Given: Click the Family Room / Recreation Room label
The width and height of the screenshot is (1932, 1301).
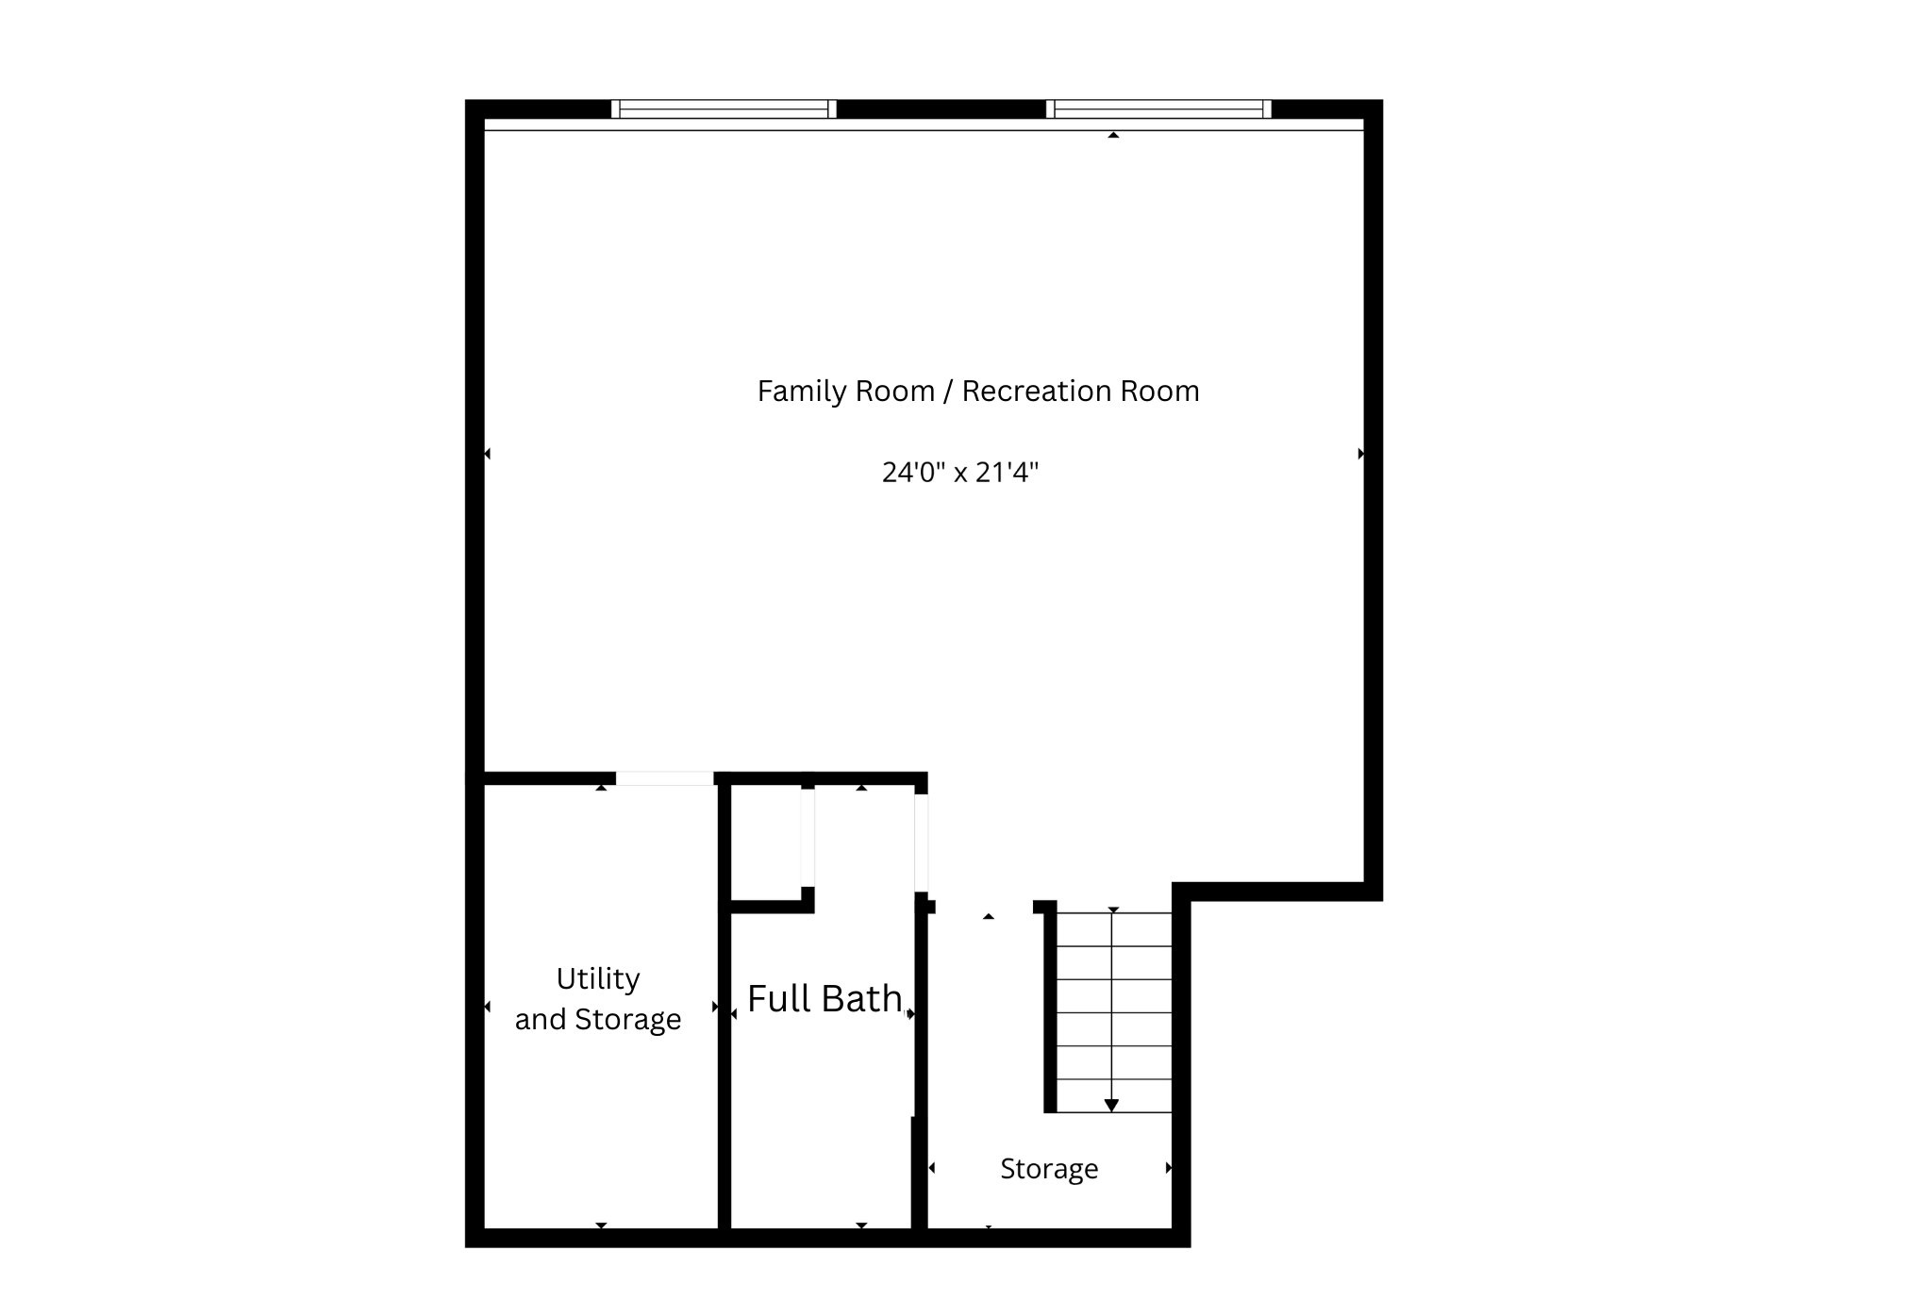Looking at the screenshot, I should (977, 391).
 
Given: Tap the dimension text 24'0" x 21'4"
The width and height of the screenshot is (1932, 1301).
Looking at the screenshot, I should (959, 472).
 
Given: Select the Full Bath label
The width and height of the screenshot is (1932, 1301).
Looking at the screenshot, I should (824, 998).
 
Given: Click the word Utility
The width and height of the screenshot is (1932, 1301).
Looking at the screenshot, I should (597, 978).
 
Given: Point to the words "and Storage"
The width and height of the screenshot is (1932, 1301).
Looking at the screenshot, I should (597, 1019).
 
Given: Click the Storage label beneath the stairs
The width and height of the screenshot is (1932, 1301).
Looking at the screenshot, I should (1048, 1169).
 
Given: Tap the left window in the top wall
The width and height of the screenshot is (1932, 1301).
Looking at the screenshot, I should (724, 109).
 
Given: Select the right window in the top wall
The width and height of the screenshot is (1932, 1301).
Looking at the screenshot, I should (1158, 109).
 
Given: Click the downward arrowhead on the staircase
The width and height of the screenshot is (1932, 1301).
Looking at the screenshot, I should (1111, 1105).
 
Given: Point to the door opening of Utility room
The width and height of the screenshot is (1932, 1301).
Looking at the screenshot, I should (664, 778).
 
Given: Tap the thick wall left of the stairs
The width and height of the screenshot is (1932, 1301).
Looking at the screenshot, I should (1050, 1009).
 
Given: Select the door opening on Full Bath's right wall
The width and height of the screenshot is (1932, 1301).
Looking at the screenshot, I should (921, 842).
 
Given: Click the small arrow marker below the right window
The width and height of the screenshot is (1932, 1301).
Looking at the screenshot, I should (1113, 136).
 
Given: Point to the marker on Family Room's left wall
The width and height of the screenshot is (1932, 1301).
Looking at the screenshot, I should (487, 454).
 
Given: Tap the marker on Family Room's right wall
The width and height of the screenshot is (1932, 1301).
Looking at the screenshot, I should (1360, 454).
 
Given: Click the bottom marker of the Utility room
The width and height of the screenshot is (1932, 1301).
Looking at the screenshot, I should (601, 1225).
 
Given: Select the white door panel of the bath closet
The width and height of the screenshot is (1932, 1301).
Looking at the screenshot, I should (808, 838).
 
